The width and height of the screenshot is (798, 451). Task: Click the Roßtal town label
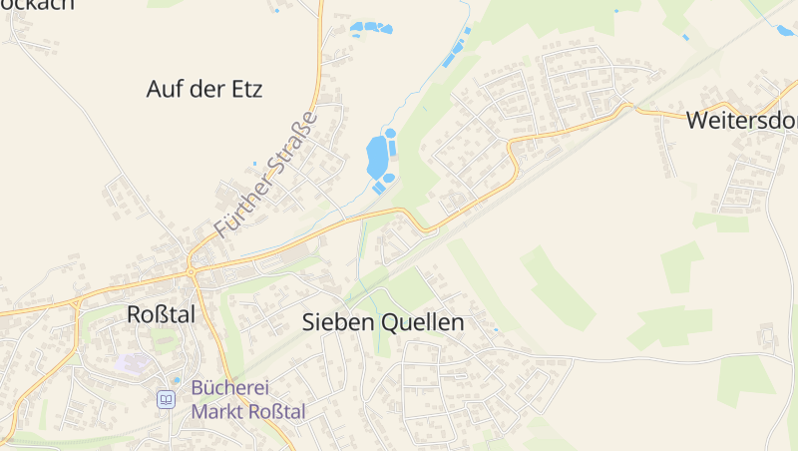point(161,314)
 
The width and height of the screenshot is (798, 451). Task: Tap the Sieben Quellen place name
point(383,323)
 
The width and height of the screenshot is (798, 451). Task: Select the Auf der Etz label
point(203,89)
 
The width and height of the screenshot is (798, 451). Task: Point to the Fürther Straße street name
point(265,174)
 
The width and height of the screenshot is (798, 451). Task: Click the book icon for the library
point(166,399)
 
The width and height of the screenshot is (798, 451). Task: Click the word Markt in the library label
point(216,411)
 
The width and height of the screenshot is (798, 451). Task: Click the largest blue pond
point(377,157)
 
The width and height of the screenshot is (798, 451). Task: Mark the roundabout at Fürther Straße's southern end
point(191,271)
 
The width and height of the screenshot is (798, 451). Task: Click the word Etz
point(245,89)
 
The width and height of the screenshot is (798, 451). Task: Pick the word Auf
point(164,89)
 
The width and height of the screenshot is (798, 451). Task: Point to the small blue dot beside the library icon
point(177,380)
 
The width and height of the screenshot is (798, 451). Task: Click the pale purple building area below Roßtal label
point(133,362)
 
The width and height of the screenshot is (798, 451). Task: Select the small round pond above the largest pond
point(390,133)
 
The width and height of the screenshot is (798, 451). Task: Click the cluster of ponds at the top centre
point(371,29)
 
